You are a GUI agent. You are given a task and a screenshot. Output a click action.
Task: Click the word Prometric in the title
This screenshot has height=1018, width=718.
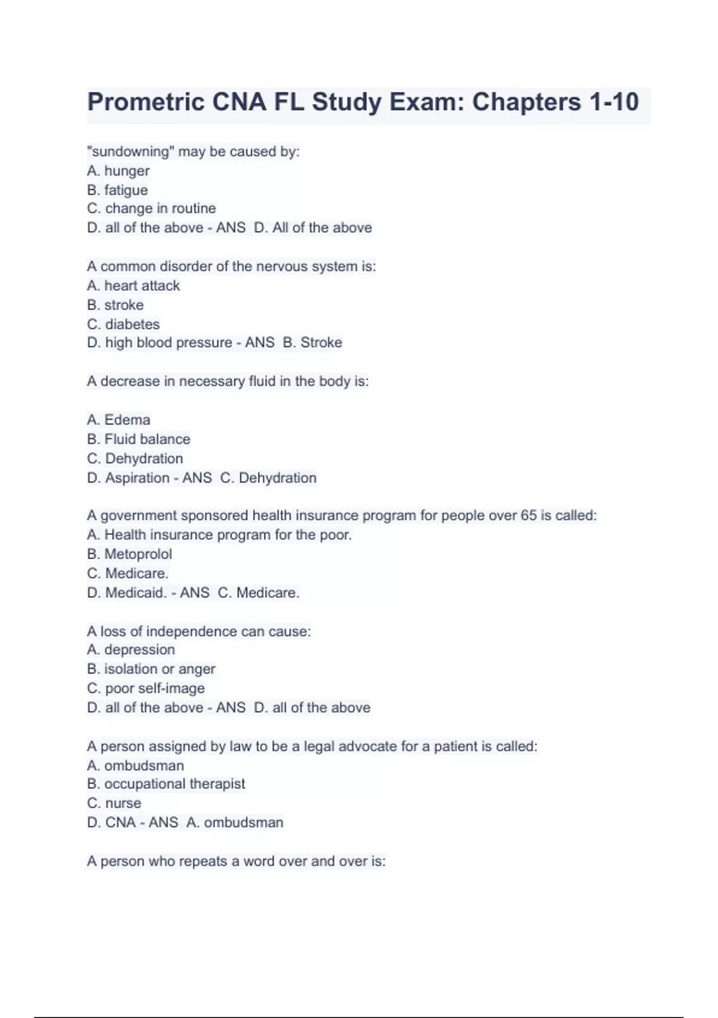(x=146, y=102)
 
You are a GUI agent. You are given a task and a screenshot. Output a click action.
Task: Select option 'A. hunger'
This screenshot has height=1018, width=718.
(x=118, y=171)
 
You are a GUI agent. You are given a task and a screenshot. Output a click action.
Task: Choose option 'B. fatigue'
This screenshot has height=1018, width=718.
(x=117, y=190)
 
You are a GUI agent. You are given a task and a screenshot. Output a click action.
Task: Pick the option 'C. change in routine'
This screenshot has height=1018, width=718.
(x=151, y=208)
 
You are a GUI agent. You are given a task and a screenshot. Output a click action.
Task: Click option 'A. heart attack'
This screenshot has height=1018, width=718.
(x=133, y=286)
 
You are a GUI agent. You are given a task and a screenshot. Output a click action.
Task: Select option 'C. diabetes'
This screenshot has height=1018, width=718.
(x=123, y=324)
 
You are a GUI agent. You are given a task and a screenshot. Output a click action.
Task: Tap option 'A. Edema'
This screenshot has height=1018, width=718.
(x=118, y=420)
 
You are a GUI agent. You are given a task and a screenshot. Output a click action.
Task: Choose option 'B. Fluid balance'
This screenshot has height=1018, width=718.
(x=138, y=439)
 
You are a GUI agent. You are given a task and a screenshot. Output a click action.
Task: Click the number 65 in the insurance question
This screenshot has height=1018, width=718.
(x=528, y=516)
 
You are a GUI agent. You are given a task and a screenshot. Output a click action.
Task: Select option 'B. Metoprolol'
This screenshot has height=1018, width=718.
(x=129, y=554)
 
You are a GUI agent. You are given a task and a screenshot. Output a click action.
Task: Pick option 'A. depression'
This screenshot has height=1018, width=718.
(x=131, y=650)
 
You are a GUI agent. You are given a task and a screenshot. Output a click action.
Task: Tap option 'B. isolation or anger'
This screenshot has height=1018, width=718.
(x=151, y=669)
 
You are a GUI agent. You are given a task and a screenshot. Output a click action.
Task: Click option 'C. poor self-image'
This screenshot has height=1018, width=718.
(x=145, y=688)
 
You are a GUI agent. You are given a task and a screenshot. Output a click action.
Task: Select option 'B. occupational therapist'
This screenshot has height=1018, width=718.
(x=166, y=784)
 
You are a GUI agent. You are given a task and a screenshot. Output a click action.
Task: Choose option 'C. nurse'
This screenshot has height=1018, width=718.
(x=114, y=803)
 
